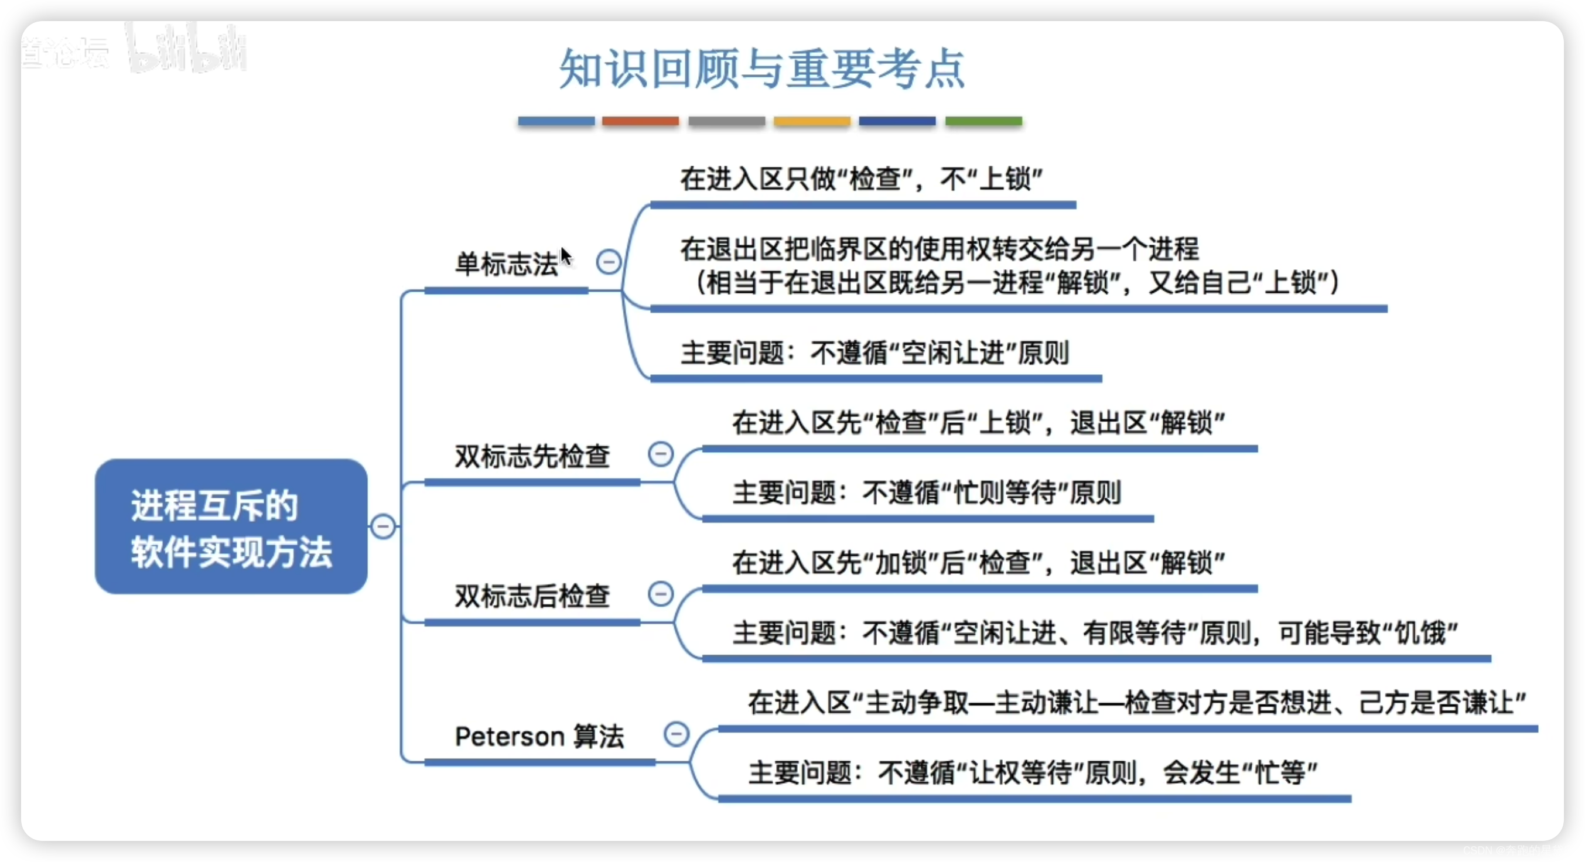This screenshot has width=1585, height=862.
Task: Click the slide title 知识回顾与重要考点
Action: point(761,69)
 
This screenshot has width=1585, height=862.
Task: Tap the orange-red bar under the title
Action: point(640,121)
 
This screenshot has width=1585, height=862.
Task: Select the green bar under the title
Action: point(983,121)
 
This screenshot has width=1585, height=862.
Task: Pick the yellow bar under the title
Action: point(812,121)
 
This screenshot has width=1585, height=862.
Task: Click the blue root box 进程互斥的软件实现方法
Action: point(231,526)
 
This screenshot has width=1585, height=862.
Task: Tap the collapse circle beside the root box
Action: point(382,526)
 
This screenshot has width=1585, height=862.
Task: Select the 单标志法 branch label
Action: point(505,265)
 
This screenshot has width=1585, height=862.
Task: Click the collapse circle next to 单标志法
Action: point(609,262)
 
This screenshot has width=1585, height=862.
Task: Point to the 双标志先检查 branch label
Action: point(532,457)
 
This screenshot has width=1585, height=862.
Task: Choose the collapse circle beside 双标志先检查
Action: point(661,454)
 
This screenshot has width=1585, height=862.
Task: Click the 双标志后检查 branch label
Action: point(532,596)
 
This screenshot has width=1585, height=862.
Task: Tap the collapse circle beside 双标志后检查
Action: point(661,594)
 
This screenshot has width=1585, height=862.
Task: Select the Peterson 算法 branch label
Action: point(539,736)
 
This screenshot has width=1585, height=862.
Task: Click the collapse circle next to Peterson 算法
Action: point(676,733)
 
